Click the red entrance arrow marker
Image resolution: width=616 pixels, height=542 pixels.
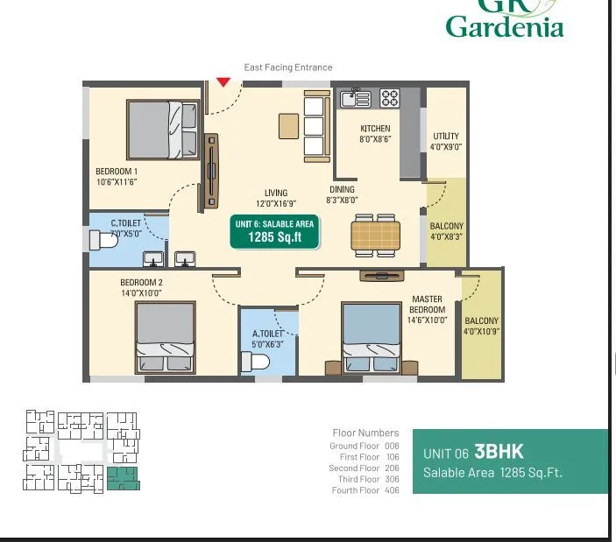(223, 81)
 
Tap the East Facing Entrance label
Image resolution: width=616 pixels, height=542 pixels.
(288, 67)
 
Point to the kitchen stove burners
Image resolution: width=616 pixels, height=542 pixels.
(390, 97)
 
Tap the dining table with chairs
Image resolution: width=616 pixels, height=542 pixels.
(376, 235)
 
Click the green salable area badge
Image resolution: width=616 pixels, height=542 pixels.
(274, 231)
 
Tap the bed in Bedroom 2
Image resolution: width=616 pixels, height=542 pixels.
(165, 339)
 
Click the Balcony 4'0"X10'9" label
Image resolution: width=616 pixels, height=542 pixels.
(481, 326)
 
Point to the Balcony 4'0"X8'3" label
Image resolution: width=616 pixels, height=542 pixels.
(446, 231)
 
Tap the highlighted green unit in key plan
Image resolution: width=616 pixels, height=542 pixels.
(123, 478)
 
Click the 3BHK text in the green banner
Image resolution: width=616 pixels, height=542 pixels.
(499, 452)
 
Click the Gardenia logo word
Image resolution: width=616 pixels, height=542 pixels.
(504, 27)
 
